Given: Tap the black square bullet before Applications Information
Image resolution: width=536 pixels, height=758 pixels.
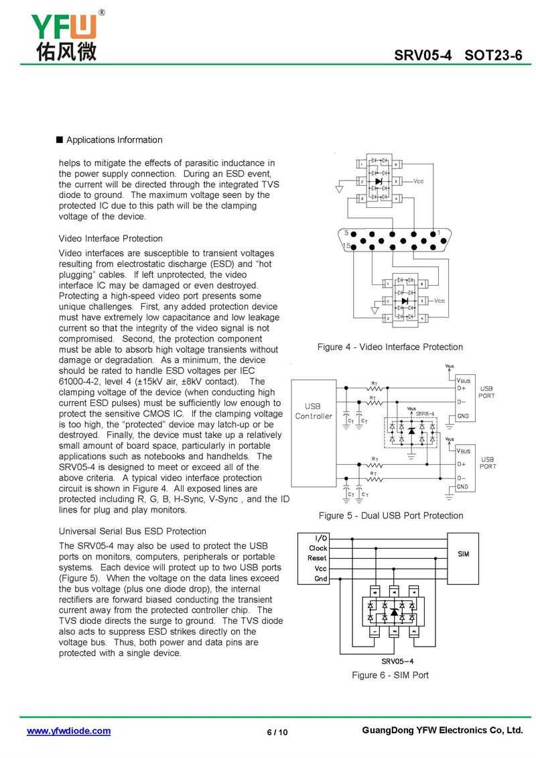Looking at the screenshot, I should pos(60,140).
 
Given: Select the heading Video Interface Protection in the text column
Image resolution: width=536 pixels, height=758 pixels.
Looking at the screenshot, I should pos(111,238).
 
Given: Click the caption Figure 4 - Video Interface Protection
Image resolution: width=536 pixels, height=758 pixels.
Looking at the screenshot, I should pos(390,347).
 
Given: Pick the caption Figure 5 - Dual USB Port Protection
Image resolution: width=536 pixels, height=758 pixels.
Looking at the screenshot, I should pos(391,515).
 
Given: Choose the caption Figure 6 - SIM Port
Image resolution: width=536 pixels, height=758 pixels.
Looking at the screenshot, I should pos(390,675).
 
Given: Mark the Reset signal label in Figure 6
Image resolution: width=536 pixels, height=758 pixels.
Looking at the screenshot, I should pos(317,558).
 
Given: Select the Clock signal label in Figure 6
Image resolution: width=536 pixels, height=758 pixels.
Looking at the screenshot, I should pos(318,548).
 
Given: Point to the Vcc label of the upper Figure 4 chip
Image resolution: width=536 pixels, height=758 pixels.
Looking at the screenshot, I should pos(419,181).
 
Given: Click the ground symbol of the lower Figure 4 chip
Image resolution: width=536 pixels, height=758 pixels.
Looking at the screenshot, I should pos(375,310).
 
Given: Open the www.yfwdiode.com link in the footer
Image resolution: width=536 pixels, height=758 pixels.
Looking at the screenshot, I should pos(68,730).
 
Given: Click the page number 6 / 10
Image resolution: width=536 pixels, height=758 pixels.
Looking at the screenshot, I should pos(277,732).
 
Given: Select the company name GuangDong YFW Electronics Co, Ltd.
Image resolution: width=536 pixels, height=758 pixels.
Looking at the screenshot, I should pos(441,730).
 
